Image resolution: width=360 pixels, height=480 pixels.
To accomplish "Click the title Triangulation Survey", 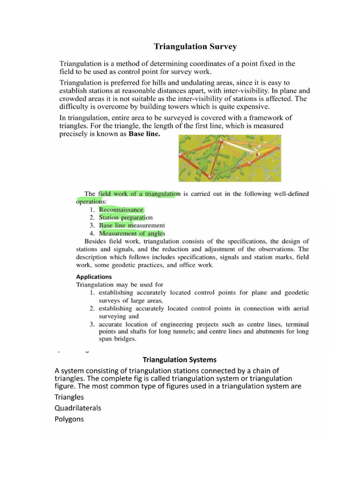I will click(195, 46).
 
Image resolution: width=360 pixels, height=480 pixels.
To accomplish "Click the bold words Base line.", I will click(144, 134).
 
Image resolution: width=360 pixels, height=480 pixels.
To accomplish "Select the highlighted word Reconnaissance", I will click(121, 210).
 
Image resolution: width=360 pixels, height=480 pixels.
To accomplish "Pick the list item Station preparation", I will click(126, 217).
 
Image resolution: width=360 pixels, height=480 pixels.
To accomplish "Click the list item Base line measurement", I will click(132, 225).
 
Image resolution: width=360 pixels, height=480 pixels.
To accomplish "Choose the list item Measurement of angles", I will click(132, 233).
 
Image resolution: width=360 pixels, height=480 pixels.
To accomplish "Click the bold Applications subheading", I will click(94, 277).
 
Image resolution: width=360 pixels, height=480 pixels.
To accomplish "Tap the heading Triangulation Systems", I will click(180, 360).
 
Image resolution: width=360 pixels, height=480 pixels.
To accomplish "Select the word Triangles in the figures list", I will click(69, 397).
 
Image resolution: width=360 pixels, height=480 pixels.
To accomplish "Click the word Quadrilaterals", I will click(78, 408).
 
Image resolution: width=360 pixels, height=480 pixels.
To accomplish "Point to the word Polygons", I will click(69, 419).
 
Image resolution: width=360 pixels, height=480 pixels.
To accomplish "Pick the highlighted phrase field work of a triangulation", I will click(139, 194).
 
